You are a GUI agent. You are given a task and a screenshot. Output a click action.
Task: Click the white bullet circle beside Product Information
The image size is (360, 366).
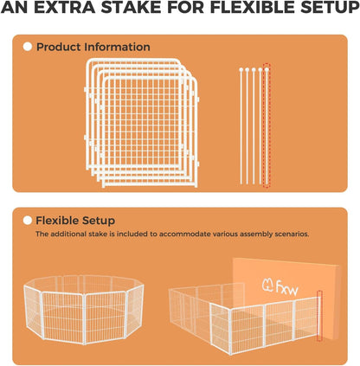[x=28, y=47]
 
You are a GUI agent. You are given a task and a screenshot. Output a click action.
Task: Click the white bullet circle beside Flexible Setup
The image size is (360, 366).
[x=28, y=221]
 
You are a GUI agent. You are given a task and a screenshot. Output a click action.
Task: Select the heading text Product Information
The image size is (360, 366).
[x=93, y=47]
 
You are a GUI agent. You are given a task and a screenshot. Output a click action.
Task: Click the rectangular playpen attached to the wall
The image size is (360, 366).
[x=242, y=320]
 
